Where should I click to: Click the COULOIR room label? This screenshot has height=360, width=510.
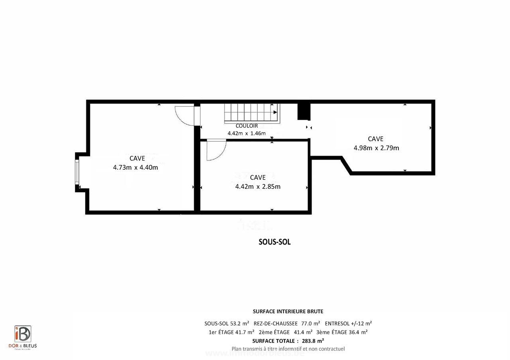[x=246, y=126]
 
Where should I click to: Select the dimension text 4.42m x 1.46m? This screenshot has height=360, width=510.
[x=246, y=133]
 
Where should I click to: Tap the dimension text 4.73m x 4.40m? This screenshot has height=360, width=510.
[x=135, y=167]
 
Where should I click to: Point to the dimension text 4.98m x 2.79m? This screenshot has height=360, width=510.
[x=376, y=148]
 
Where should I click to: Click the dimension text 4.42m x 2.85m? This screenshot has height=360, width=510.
[x=258, y=186]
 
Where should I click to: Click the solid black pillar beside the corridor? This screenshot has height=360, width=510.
[x=304, y=111]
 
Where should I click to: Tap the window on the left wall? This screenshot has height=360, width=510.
[x=77, y=172]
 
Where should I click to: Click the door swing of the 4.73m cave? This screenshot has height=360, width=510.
[x=184, y=116]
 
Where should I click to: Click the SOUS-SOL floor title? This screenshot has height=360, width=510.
[x=275, y=242]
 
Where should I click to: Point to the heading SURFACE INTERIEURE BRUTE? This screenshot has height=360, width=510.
[x=288, y=311]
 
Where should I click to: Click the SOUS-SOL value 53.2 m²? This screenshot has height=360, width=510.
[x=239, y=323]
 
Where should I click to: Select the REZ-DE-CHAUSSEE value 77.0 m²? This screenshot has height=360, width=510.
[x=310, y=323]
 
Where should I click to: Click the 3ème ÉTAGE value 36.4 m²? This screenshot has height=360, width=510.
[x=358, y=332]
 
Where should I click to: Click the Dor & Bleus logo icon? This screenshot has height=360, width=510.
[x=23, y=334]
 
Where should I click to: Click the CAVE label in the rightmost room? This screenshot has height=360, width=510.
[x=375, y=139]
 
